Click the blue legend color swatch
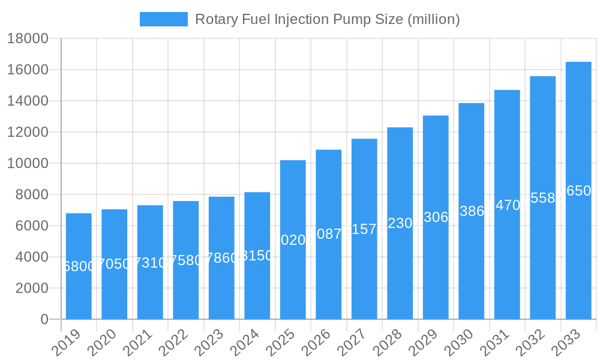163,19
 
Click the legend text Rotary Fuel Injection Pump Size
328,19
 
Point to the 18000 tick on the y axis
28,39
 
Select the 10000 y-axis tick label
28,163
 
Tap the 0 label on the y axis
44,319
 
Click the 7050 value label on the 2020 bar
114,263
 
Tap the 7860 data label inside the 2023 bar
221,258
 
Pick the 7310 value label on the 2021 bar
150,262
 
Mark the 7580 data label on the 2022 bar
185,260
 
